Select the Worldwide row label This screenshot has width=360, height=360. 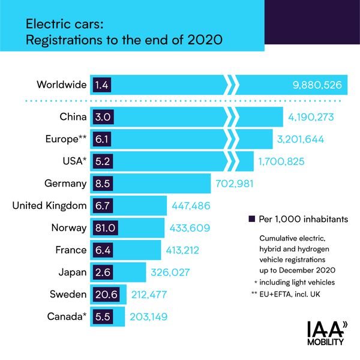point(62,85)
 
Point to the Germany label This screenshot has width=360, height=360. point(66,182)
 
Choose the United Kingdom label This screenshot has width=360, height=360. point(50,205)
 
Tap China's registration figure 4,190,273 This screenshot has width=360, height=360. point(313,116)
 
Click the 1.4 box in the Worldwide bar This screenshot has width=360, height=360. point(101,85)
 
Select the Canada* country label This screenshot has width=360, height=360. point(65,316)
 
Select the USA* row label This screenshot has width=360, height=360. point(71,161)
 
